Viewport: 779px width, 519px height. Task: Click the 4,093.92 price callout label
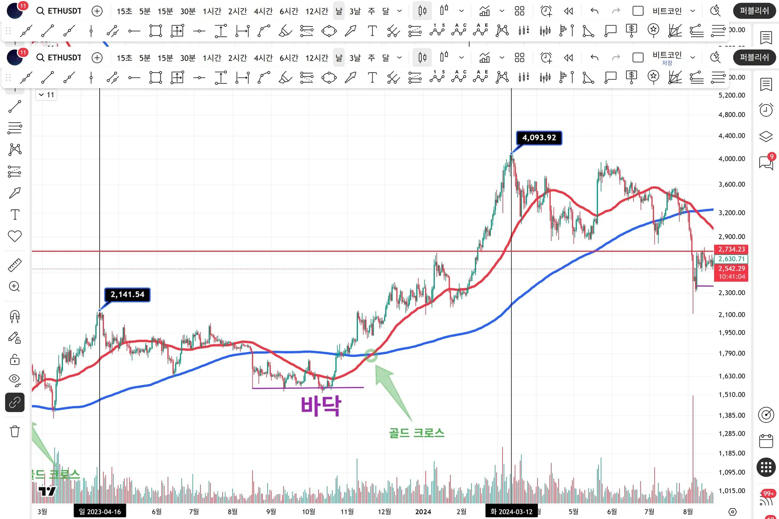click(x=539, y=138)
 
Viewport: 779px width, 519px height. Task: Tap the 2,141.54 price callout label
click(x=127, y=295)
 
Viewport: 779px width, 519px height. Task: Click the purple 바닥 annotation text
click(x=321, y=406)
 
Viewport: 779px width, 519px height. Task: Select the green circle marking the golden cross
click(x=371, y=356)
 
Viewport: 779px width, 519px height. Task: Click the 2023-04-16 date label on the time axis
click(x=100, y=512)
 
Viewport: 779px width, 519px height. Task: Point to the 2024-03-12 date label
click(x=511, y=512)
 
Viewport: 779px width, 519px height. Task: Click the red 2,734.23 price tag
click(x=731, y=249)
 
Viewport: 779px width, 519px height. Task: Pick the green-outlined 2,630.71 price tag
click(x=731, y=259)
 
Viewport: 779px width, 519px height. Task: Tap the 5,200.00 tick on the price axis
click(x=731, y=95)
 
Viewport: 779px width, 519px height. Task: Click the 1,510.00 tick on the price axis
click(x=731, y=394)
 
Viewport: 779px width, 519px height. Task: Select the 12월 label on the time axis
click(x=384, y=512)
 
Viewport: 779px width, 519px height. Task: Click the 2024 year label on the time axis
click(x=423, y=512)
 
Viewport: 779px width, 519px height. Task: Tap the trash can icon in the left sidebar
click(x=15, y=431)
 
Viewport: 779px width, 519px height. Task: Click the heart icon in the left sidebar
click(x=15, y=236)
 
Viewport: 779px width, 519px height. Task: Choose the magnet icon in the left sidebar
click(x=15, y=317)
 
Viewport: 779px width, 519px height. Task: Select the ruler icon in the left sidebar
click(x=15, y=265)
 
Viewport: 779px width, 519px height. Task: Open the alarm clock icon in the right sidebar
click(x=766, y=110)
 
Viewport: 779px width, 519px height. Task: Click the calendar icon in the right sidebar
click(x=766, y=441)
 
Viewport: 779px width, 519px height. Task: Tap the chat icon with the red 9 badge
click(x=766, y=163)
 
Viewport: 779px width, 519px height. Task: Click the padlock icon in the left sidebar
click(x=15, y=359)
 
